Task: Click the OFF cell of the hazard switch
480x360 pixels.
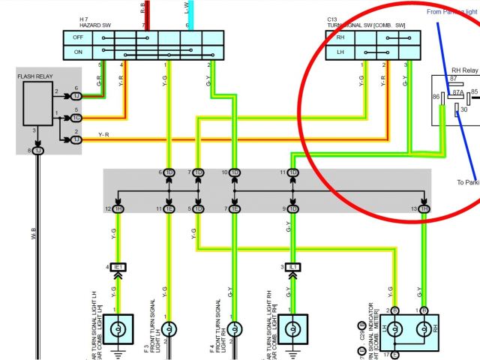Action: point(78,37)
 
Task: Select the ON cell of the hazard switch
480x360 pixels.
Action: point(78,51)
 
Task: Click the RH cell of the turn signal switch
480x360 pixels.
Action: point(340,37)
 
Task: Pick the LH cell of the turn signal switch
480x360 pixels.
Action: point(340,51)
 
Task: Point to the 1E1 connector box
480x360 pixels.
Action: point(118,267)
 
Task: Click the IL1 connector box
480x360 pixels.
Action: point(294,267)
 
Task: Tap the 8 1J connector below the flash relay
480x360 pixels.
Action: point(37,151)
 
